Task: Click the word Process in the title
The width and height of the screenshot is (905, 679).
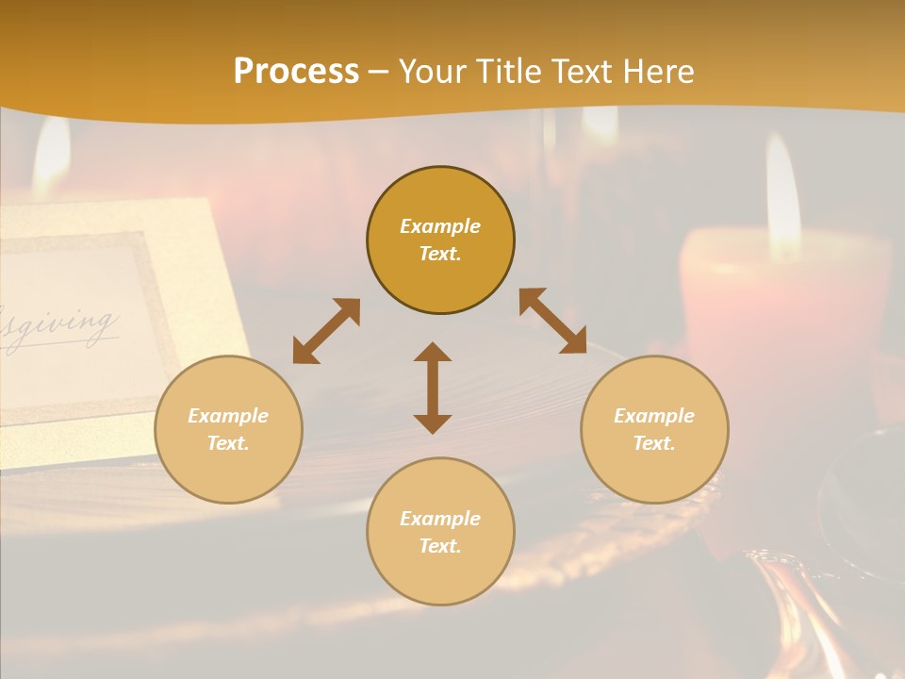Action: click(296, 72)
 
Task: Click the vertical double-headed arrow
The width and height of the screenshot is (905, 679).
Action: click(433, 388)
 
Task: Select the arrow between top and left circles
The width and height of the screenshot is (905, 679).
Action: click(326, 331)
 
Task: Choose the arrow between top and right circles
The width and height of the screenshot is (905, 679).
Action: click(553, 321)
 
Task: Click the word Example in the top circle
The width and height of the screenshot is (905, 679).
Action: click(440, 226)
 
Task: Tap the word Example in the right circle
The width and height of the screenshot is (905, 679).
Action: click(654, 416)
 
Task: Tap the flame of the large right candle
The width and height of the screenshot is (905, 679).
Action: click(782, 198)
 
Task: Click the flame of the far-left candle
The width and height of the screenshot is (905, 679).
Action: click(52, 156)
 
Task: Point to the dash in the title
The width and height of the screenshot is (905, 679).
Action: click(379, 72)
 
